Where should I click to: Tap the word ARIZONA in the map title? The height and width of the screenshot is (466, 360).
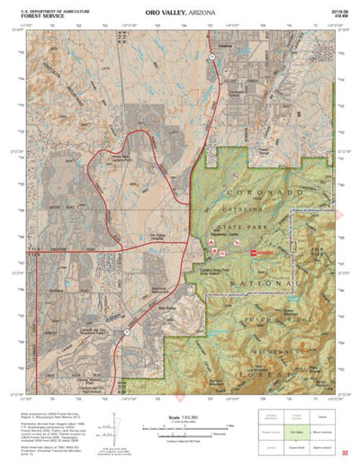coord(205,12)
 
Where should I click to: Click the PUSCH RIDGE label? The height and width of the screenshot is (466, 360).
coord(267,318)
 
